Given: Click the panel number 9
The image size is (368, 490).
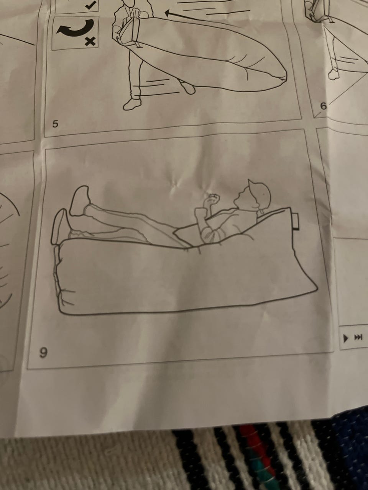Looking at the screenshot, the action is click(43, 353).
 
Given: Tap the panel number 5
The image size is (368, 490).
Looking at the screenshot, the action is click(55, 124).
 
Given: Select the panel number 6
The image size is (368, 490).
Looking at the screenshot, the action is click(323, 106).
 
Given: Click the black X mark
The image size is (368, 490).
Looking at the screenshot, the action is click(90, 41).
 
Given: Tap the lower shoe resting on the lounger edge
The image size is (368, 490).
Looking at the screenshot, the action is click(61, 227).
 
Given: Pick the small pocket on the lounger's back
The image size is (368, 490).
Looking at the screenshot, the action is click(296, 221).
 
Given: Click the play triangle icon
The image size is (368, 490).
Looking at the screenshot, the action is click(345, 338).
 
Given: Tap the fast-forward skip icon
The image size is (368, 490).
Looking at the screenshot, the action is click(358, 337).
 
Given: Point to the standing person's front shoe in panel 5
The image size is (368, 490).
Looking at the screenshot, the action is click(132, 104).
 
